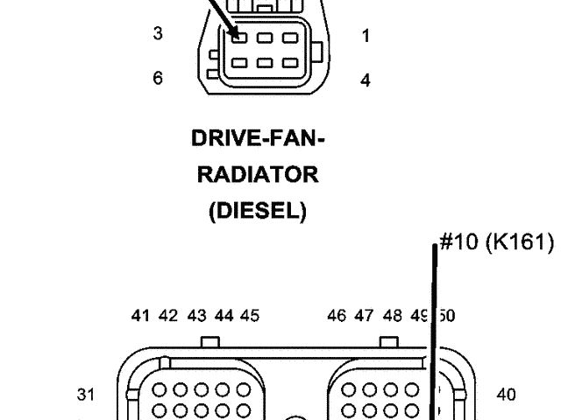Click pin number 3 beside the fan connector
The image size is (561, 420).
158,34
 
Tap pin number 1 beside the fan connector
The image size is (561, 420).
366,37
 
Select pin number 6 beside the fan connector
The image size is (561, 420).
158,78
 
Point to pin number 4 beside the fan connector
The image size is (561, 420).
366,80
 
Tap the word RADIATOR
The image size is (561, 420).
257,175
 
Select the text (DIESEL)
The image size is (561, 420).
257,212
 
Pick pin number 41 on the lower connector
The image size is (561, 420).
140,316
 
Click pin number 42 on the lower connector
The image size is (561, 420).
168,316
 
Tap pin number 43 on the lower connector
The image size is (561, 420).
196,316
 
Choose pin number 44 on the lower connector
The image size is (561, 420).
224,316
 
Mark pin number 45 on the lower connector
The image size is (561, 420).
250,316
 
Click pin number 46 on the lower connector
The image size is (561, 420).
337,316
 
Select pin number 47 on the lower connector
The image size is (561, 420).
365,316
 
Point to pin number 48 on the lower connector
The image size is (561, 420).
392,316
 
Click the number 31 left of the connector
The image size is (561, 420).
85,395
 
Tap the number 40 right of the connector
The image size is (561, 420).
506,395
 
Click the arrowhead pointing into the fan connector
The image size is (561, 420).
236,33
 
